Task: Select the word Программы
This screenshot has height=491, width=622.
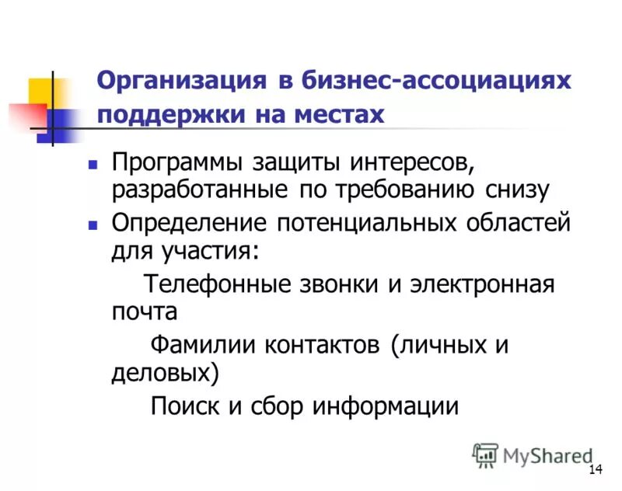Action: [177, 164]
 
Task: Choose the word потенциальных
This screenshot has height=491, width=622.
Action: [369, 223]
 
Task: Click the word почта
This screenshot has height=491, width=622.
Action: [145, 312]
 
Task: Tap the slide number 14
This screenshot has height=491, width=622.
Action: [596, 470]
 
